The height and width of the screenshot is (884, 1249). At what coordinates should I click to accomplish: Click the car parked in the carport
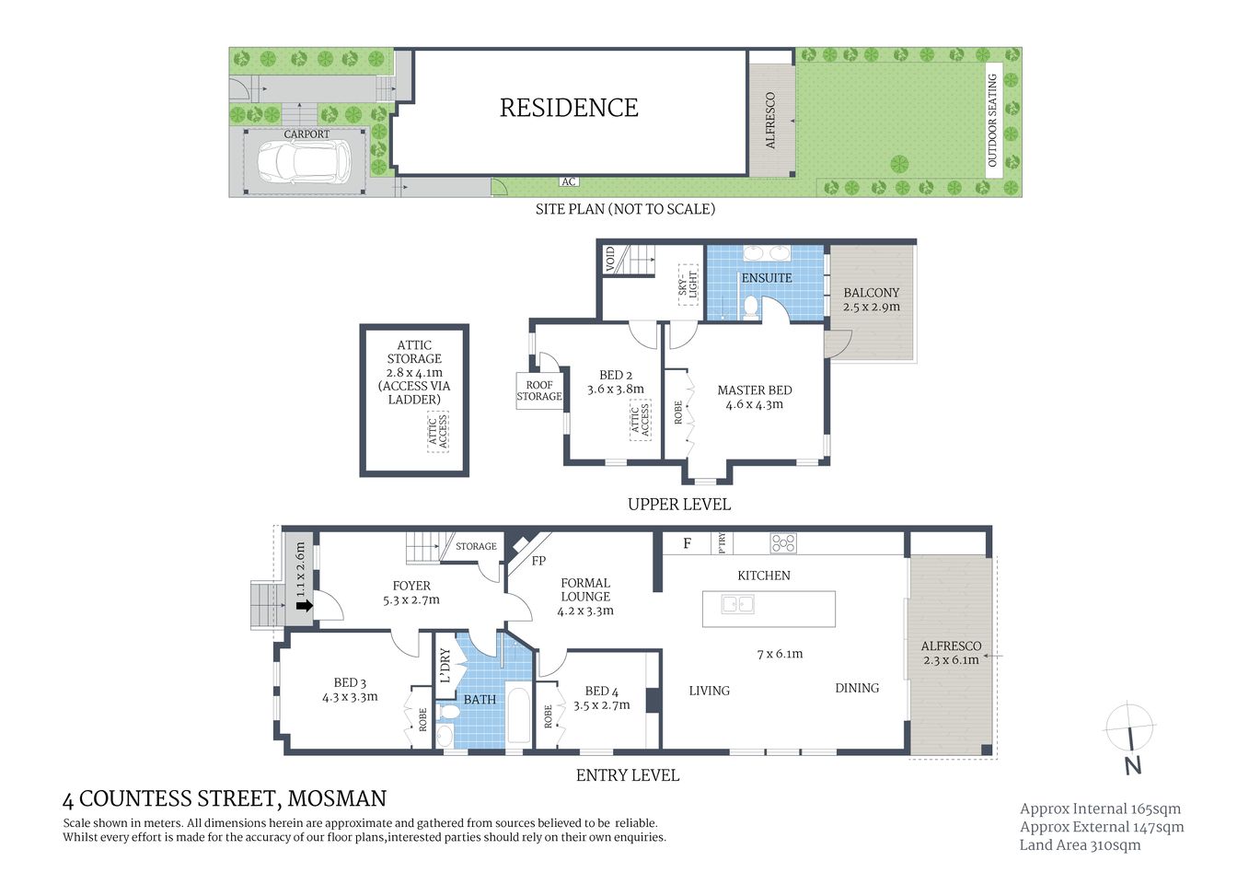pos(303,163)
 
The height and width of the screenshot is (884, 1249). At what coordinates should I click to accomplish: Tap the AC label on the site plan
pos(569,181)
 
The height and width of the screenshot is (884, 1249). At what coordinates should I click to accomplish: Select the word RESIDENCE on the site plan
pos(569,108)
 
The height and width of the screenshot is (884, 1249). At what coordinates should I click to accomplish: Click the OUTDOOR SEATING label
pos(992,121)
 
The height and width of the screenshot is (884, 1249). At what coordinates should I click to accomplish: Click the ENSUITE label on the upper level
pos(766,277)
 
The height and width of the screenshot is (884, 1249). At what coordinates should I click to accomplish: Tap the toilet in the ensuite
pos(750,307)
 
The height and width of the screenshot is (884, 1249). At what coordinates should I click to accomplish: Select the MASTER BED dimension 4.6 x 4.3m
pos(754,404)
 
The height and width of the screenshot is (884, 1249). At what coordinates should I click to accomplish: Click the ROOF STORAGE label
pos(539,390)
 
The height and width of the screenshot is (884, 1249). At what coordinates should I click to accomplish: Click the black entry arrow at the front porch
pos(303,605)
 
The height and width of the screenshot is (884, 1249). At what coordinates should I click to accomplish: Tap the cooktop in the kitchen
pos(783,543)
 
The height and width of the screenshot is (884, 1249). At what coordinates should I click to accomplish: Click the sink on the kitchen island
pos(738,605)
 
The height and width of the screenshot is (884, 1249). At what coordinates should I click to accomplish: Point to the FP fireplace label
pos(539,560)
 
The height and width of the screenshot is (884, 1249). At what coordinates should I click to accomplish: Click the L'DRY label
pos(445,666)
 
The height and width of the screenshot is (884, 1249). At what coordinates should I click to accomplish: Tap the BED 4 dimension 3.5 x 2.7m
pos(601,705)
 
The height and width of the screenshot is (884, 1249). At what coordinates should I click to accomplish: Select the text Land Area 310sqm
pos(1080,844)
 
